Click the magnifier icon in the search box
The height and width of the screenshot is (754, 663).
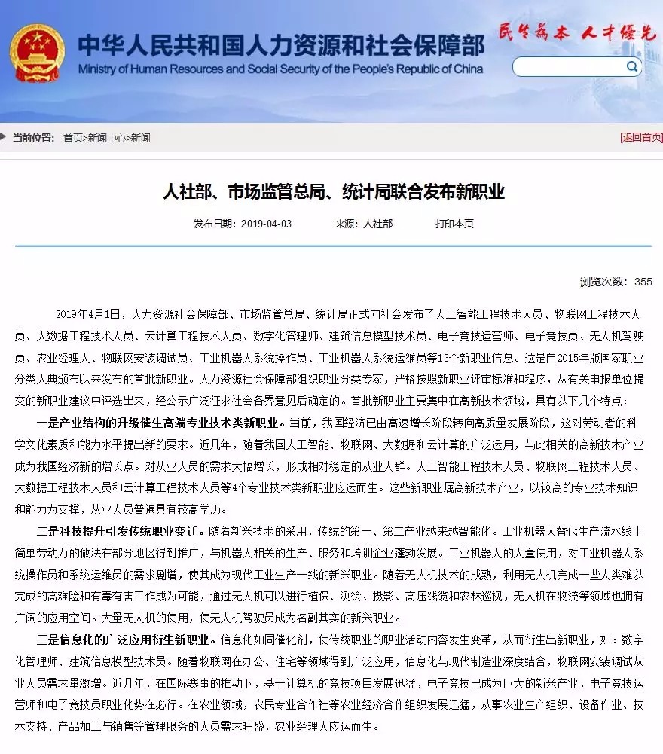(x=631, y=67)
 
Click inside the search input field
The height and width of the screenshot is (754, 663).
(x=569, y=67)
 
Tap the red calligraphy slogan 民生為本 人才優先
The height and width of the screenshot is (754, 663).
(x=576, y=32)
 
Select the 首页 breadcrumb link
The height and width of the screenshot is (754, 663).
(x=73, y=138)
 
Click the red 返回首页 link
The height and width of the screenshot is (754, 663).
(x=641, y=138)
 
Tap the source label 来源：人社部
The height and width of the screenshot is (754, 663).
(x=364, y=224)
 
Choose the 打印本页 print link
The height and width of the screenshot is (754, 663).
(x=454, y=224)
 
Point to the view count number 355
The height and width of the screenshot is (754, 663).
(x=643, y=282)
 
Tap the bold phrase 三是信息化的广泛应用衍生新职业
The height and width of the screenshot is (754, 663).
(x=125, y=640)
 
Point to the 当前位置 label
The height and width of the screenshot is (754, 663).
(x=33, y=138)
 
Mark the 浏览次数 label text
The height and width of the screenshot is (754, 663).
(x=603, y=282)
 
